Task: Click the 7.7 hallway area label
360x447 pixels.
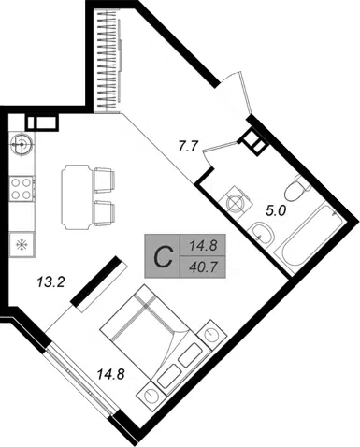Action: click(x=189, y=146)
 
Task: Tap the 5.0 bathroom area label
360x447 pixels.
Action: click(x=276, y=211)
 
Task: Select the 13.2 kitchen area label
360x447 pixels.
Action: click(x=50, y=282)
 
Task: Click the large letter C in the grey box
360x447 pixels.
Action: click(x=164, y=256)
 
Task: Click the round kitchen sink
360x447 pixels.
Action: click(x=22, y=144)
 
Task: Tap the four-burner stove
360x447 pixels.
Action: click(x=22, y=189)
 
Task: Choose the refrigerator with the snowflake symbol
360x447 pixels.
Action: click(x=22, y=245)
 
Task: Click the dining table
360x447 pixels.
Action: click(x=78, y=197)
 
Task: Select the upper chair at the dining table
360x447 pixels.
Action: click(x=105, y=180)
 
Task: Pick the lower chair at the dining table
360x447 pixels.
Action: click(x=105, y=213)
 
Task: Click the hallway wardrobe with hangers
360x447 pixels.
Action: click(x=108, y=62)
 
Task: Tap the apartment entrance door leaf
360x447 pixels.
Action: click(x=245, y=93)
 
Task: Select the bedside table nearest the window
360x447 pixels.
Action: click(x=151, y=396)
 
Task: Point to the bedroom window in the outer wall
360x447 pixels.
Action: click(x=80, y=381)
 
